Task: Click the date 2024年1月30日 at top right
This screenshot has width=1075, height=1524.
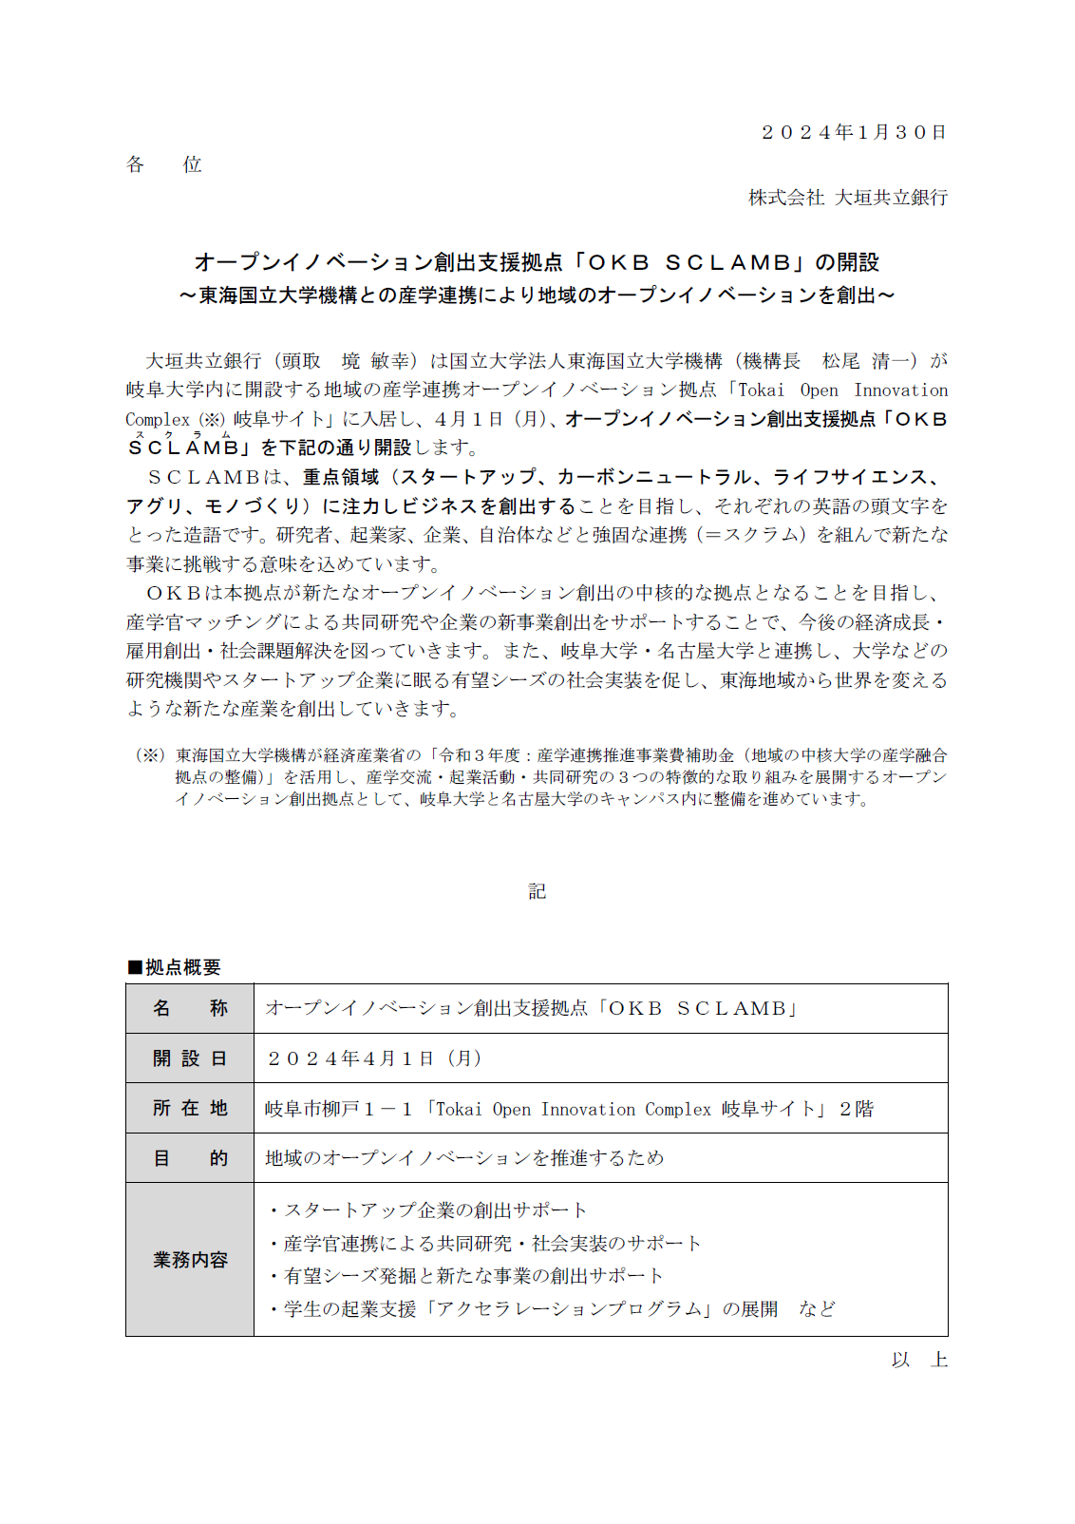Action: coord(854,132)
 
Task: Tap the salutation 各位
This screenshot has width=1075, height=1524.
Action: coord(164,164)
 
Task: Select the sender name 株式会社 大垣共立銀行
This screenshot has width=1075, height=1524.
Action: coord(848,198)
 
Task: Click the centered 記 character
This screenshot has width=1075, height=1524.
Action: coord(537,891)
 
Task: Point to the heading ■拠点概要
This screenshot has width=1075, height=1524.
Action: coord(175,967)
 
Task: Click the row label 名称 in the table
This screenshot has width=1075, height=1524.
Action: coord(190,1008)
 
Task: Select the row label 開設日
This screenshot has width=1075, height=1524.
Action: coord(190,1058)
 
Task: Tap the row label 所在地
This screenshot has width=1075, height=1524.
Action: coord(190,1108)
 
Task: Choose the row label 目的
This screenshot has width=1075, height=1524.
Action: coord(190,1158)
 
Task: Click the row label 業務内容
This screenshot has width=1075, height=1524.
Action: coord(190,1260)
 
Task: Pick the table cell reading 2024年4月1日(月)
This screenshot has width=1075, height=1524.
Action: coord(374,1058)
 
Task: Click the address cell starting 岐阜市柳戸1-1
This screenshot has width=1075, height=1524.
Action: coord(569,1109)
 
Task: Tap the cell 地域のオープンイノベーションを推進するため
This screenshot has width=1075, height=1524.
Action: coord(464,1158)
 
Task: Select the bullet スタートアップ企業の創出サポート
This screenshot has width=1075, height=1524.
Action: coord(427,1210)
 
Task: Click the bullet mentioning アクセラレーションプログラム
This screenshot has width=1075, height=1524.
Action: coord(551,1309)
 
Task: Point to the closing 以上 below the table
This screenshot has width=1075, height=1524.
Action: coord(919,1360)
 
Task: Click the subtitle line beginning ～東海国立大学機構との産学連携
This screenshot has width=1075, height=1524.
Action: coord(537,295)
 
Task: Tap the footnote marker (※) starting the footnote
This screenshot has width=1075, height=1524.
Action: coord(151,755)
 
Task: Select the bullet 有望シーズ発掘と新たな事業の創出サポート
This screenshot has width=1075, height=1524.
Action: coord(465,1276)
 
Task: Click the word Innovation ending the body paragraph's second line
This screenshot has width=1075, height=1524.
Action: coord(900,391)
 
